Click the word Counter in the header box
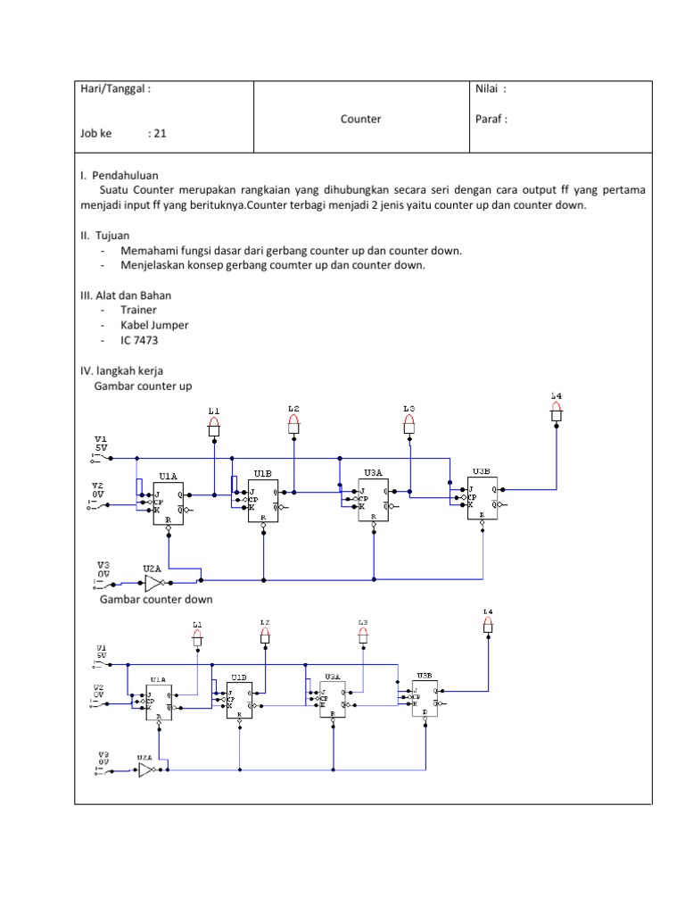(x=360, y=119)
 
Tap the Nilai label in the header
(x=491, y=89)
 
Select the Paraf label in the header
(x=492, y=119)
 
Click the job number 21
(x=161, y=134)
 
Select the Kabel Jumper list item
(x=154, y=325)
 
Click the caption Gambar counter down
(x=156, y=600)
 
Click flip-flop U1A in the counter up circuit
(x=169, y=502)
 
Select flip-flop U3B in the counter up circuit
(x=483, y=497)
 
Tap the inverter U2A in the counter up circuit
(x=154, y=583)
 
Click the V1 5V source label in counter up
(x=101, y=444)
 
